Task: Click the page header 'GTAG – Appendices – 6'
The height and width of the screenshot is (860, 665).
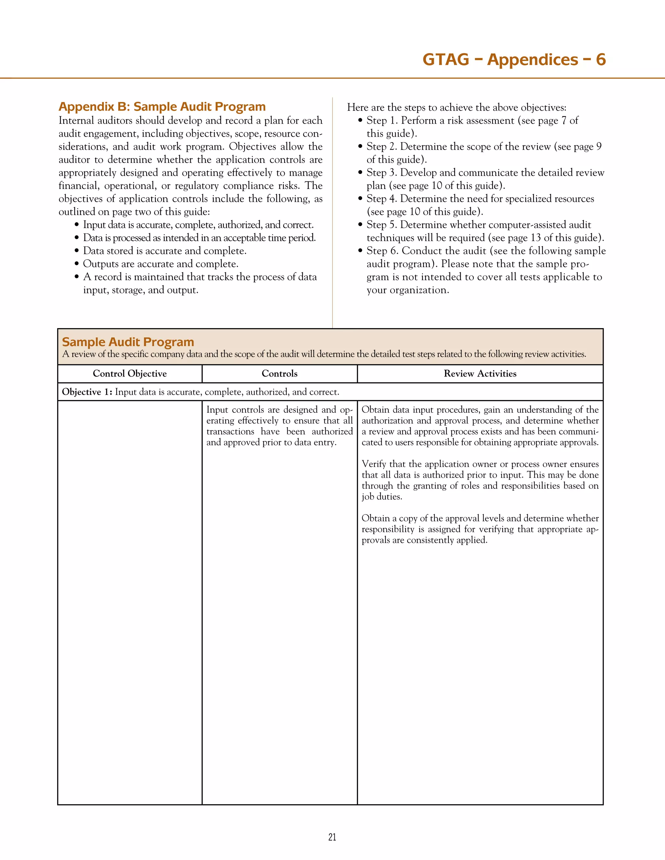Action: [514, 59]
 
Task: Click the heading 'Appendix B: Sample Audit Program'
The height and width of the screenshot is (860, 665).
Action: [162, 107]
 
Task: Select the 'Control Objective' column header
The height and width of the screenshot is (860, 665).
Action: [130, 374]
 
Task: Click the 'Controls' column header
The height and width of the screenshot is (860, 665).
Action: [279, 374]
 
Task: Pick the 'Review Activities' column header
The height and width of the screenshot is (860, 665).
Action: [480, 374]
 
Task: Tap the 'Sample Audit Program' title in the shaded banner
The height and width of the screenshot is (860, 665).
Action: [128, 342]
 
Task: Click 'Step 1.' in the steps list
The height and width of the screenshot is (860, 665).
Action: [382, 120]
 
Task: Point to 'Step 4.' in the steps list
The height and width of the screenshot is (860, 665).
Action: [382, 199]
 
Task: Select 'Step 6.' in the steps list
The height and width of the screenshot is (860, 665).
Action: [382, 251]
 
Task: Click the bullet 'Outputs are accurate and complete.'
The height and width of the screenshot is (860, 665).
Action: [160, 264]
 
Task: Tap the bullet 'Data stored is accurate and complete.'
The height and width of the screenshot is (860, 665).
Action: [164, 251]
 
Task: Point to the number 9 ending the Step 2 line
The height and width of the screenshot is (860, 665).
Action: [599, 146]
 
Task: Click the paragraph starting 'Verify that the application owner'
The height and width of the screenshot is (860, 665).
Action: [480, 480]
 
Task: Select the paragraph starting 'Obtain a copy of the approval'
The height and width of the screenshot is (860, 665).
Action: [480, 529]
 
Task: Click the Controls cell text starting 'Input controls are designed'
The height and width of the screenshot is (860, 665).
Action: [279, 426]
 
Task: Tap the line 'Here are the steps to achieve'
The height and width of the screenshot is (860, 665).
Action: [456, 107]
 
